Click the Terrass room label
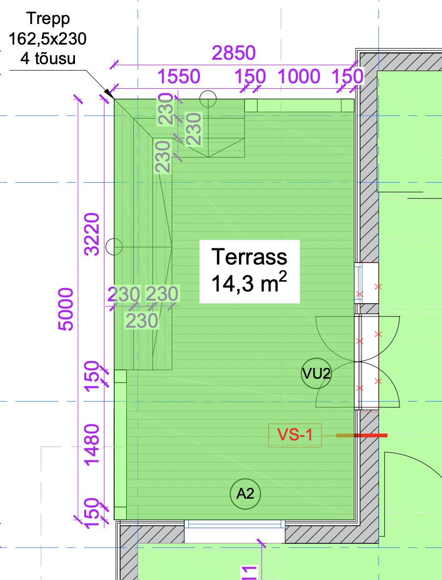pos(249,257)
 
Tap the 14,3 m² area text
pos(249,283)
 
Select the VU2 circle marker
pos(316,374)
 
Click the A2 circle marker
pos(245,493)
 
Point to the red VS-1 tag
pos(295,435)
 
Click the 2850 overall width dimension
pos(234,53)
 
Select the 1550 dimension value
pos(179,76)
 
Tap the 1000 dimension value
pos(299,76)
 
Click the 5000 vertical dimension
pos(66,309)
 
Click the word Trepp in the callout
pos(48,19)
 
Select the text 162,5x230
pos(48,39)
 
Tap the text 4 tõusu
pos(48,58)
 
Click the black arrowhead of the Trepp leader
pos(109,94)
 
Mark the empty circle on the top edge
pos(208,99)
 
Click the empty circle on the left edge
pos(114,247)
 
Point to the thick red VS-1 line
pos(362,435)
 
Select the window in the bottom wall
pos(235,524)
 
